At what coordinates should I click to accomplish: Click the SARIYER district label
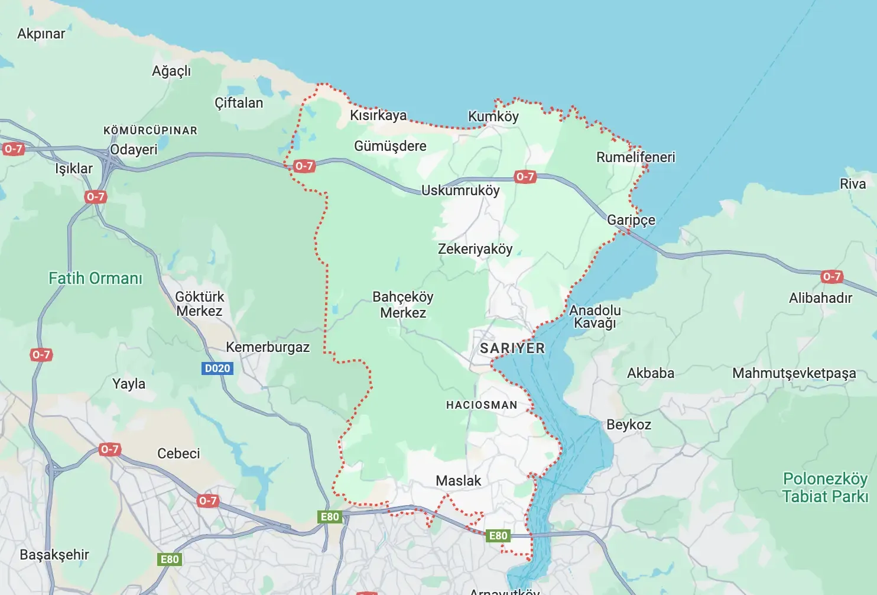point(512,348)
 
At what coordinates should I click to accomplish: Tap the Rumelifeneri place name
point(635,157)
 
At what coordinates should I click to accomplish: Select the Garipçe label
point(631,220)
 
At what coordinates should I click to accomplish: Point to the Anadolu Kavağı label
point(595,316)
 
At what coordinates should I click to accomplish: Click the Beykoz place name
point(629,425)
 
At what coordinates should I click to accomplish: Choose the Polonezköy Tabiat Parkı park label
point(825,487)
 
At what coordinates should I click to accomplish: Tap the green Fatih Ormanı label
point(95,278)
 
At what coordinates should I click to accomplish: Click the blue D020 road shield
point(217,368)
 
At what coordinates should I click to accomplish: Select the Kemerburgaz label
point(268,347)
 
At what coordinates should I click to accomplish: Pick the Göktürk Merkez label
point(200,304)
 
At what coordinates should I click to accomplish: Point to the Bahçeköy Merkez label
point(403,305)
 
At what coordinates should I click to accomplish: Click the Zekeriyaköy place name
point(475,249)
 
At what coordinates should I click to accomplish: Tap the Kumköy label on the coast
point(493,117)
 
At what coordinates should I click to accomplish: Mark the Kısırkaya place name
point(378,115)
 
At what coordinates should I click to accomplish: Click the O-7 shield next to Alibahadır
point(831,276)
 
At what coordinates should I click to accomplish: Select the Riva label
point(853,184)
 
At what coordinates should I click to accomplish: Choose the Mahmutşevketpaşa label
point(794,373)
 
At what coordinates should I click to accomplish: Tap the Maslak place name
point(459,481)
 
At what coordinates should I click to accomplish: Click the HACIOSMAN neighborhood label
point(482,405)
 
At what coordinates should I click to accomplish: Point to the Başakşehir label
point(54,555)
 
